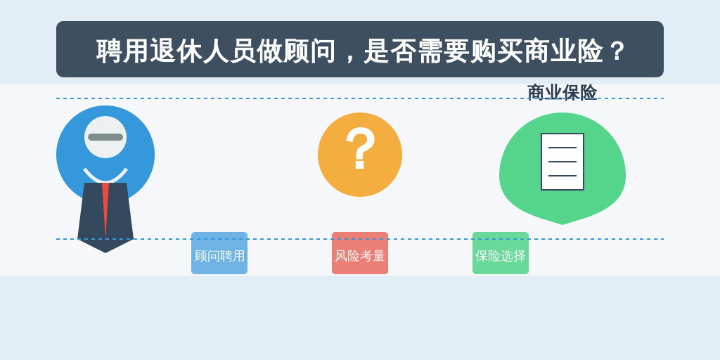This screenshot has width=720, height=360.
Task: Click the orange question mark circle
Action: pyautogui.click(x=360, y=155)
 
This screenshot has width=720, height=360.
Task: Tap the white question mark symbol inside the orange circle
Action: pyautogui.click(x=361, y=148)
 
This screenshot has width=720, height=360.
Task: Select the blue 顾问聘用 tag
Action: pyautogui.click(x=219, y=253)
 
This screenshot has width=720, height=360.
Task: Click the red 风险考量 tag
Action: pyautogui.click(x=360, y=253)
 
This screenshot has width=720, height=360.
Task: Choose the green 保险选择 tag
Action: pyautogui.click(x=501, y=253)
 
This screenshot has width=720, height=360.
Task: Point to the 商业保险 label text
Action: pyautogui.click(x=562, y=92)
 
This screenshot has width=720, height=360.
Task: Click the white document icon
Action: pyautogui.click(x=562, y=162)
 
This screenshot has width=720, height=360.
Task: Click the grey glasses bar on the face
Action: pyautogui.click(x=105, y=137)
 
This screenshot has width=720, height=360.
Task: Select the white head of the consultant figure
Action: pyautogui.click(x=105, y=137)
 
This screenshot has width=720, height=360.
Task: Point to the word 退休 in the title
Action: pyautogui.click(x=176, y=51)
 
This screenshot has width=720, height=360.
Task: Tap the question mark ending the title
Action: pyautogui.click(x=617, y=51)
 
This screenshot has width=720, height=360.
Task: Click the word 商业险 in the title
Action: pyautogui.click(x=563, y=51)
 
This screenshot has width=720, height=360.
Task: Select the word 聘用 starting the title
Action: pyautogui.click(x=122, y=51)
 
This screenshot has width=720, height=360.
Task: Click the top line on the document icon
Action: pyautogui.click(x=562, y=148)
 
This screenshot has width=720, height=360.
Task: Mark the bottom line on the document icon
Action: pyautogui.click(x=562, y=175)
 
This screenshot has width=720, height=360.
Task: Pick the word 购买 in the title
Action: pyautogui.click(x=496, y=51)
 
